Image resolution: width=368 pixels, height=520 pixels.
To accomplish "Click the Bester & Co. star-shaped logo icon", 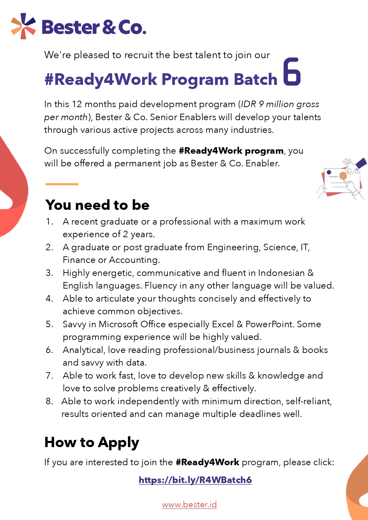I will tap(23, 26).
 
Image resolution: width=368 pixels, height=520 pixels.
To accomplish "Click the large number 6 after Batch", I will tap(292, 72).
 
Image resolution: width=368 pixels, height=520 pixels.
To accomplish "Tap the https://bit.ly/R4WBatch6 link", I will tap(195, 480).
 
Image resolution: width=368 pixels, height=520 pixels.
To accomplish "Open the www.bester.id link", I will tap(189, 505).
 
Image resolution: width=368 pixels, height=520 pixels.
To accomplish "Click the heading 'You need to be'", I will tap(98, 205).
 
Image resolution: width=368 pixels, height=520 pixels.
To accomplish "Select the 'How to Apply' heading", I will tap(92, 442).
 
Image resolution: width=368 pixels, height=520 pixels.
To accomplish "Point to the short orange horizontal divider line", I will tap(62, 184).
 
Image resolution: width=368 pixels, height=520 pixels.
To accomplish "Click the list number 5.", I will tap(49, 324).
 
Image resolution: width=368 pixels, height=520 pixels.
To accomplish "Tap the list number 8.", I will tap(49, 401).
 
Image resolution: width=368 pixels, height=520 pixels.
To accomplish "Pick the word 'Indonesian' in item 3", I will tap(281, 273).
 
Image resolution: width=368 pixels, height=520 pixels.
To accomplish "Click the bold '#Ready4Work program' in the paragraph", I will tap(231, 151).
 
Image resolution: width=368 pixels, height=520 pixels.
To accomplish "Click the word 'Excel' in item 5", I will tap(223, 324).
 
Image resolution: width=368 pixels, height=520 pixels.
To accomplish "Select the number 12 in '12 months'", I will tap(77, 104).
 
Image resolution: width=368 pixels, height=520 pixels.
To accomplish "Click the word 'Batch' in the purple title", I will tap(255, 79).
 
